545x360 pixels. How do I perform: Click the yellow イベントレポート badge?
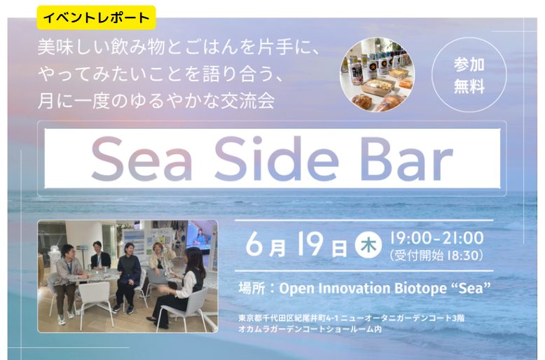coord(96,18)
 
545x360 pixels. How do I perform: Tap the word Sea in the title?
coord(142,159)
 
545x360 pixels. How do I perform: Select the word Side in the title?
coord(276,158)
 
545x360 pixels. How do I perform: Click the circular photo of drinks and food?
coord(377,75)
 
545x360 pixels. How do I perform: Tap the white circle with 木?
coord(368,245)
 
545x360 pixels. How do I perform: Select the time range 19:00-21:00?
coord(436,238)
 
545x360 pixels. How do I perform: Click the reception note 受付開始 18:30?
coord(436,256)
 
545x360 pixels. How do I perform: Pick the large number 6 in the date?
coord(254,244)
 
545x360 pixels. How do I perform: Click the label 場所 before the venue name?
coord(252,289)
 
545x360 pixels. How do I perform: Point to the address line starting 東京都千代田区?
coord(352,318)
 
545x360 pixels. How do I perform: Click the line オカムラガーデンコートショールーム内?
coord(310,328)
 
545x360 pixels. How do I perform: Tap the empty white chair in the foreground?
coord(95,300)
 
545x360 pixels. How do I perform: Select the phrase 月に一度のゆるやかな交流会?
coord(156,101)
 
